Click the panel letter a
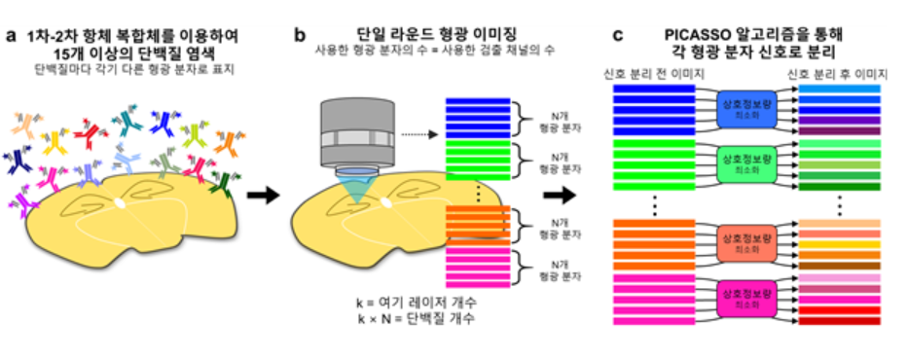click(x=11, y=37)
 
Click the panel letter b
click(x=301, y=37)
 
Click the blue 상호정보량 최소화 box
click(x=745, y=110)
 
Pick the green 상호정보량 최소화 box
click(x=745, y=162)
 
